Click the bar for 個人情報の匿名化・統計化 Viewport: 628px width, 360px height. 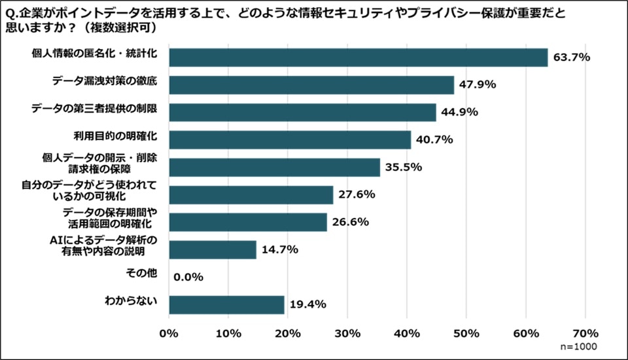pyautogui.click(x=358, y=58)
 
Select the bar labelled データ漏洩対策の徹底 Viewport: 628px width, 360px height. pyautogui.click(x=311, y=85)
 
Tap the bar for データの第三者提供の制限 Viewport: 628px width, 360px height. pyautogui.click(x=302, y=113)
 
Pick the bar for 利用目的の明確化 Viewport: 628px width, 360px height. pyautogui.click(x=290, y=140)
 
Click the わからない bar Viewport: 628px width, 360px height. pyautogui.click(x=226, y=304)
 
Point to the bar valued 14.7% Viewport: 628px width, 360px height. pyautogui.click(x=213, y=249)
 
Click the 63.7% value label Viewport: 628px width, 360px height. pyautogui.click(x=572, y=58)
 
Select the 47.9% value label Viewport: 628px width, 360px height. pyautogui.click(x=478, y=85)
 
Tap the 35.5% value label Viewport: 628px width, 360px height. pyautogui.click(x=404, y=168)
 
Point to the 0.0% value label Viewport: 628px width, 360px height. pyautogui.click(x=189, y=277)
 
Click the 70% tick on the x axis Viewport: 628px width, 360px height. pyautogui.click(x=585, y=333)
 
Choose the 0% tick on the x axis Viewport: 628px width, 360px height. pyautogui.click(x=169, y=333)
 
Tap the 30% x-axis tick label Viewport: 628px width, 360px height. pyautogui.click(x=347, y=333)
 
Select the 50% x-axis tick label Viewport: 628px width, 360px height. pyautogui.click(x=466, y=333)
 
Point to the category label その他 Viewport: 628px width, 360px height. pyautogui.click(x=141, y=274)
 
